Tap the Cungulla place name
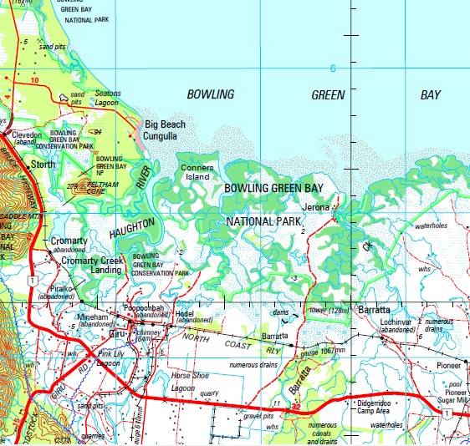[162, 135]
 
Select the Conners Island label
[197, 172]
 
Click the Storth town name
[43, 165]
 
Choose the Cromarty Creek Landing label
[93, 265]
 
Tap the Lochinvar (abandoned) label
[399, 325]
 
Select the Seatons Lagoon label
[108, 98]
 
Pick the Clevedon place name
[26, 134]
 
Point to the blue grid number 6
[332, 68]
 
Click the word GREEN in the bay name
[328, 95]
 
